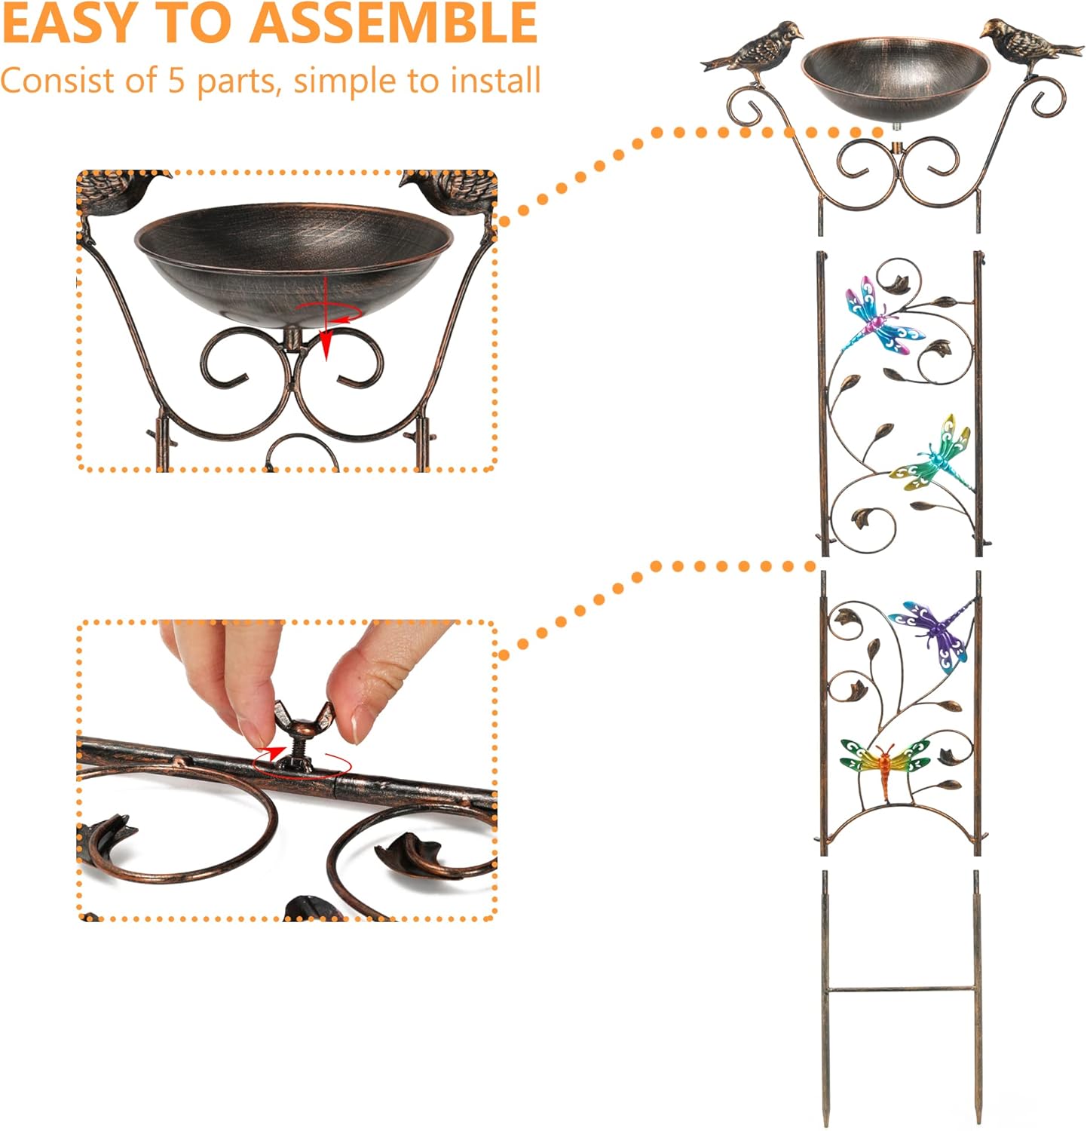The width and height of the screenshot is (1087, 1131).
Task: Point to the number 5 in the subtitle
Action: click(x=176, y=81)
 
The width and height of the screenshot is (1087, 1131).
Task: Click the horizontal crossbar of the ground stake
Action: click(x=902, y=989)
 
